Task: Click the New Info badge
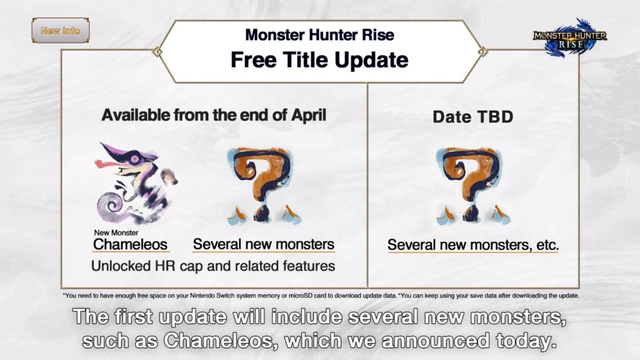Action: tap(60, 30)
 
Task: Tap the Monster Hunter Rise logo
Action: tap(570, 38)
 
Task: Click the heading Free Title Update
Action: tap(319, 60)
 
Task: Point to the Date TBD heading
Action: tap(473, 117)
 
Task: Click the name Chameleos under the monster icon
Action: tap(130, 244)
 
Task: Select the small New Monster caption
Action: tap(116, 233)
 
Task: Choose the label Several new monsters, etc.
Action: tap(473, 245)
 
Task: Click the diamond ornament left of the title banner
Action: tap(157, 52)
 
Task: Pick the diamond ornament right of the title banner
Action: tap(482, 52)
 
